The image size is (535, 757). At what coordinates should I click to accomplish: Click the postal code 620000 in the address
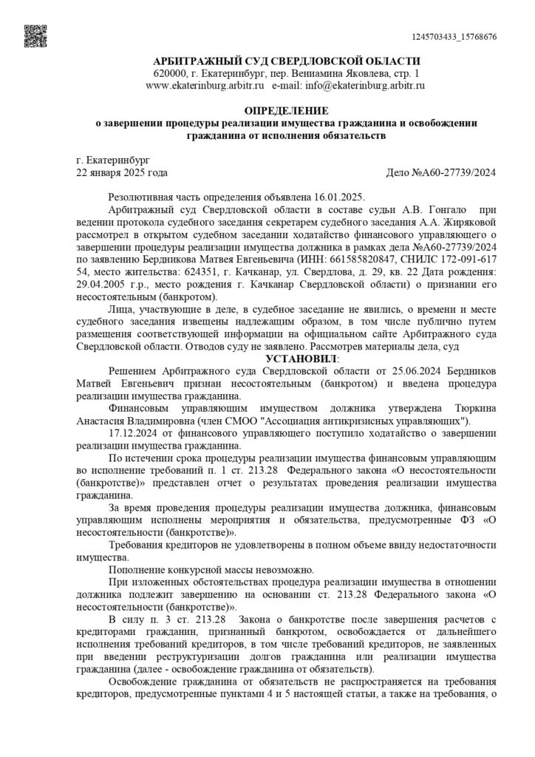pyautogui.click(x=169, y=75)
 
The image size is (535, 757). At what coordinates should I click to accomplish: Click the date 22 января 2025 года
pyautogui.click(x=122, y=172)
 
